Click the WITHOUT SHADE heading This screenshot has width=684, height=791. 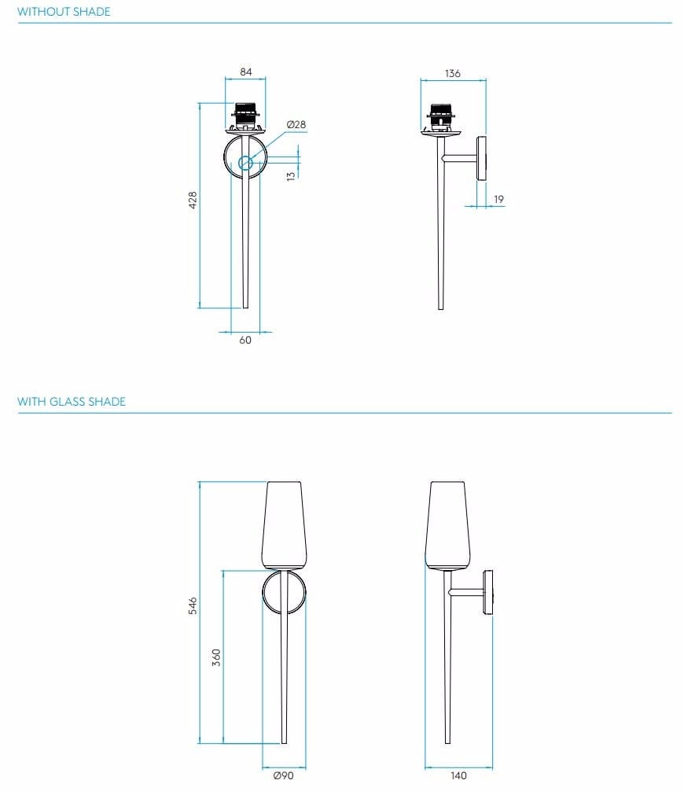[x=64, y=12]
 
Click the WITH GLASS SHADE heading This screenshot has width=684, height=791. [x=72, y=402]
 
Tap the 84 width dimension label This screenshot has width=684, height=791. [x=246, y=72]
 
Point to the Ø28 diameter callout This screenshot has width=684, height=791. [x=296, y=125]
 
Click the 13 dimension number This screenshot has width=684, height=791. [x=291, y=177]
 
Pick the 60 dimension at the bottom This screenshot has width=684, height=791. [x=245, y=340]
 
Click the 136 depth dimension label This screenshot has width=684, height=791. [x=452, y=74]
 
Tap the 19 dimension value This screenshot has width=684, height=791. [x=498, y=200]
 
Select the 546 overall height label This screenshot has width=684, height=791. [x=193, y=605]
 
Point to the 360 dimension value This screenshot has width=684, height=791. [x=216, y=657]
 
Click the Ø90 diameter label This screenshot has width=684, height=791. [x=283, y=776]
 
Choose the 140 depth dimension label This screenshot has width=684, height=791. [x=458, y=776]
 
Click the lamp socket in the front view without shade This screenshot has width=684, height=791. [x=246, y=116]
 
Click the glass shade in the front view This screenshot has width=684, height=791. [x=284, y=523]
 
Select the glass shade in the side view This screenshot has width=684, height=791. [x=448, y=523]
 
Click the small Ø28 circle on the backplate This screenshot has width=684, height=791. [x=245, y=163]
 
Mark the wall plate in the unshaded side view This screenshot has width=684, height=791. [x=482, y=160]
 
